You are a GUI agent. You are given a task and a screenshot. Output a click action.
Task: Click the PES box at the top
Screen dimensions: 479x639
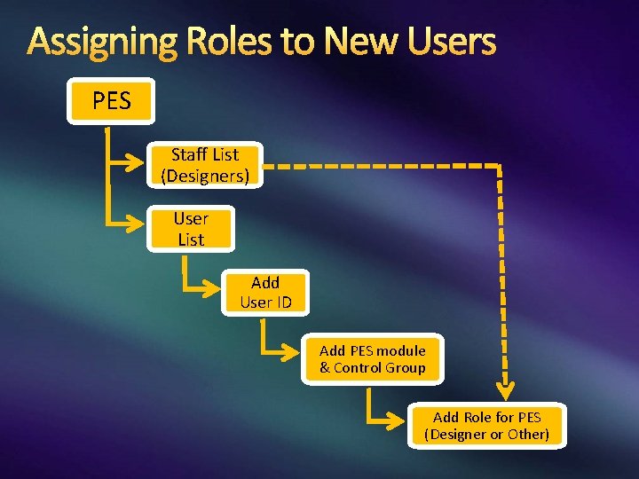111,101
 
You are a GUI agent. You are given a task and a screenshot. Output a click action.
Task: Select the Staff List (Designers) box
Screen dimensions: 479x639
204,165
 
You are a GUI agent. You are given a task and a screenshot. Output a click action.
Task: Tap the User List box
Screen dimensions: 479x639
190,229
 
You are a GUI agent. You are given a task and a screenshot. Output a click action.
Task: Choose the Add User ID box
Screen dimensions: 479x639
265,293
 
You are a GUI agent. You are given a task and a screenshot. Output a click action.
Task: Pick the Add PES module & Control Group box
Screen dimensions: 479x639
372,358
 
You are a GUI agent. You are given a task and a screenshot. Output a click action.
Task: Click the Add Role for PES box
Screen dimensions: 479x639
486,425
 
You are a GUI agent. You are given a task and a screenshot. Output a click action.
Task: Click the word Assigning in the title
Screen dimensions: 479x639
99,42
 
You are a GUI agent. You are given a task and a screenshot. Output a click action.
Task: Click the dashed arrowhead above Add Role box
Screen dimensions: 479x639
505,391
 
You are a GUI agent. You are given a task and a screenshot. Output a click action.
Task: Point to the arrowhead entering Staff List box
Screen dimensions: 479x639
138,165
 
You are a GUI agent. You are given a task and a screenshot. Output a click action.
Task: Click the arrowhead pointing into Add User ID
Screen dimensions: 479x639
214,290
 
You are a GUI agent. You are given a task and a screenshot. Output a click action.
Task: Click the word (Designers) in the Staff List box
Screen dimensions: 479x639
204,176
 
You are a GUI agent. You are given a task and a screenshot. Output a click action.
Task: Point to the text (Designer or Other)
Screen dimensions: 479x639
486,434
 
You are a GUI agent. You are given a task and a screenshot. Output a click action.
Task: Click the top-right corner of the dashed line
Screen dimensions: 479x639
499,166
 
